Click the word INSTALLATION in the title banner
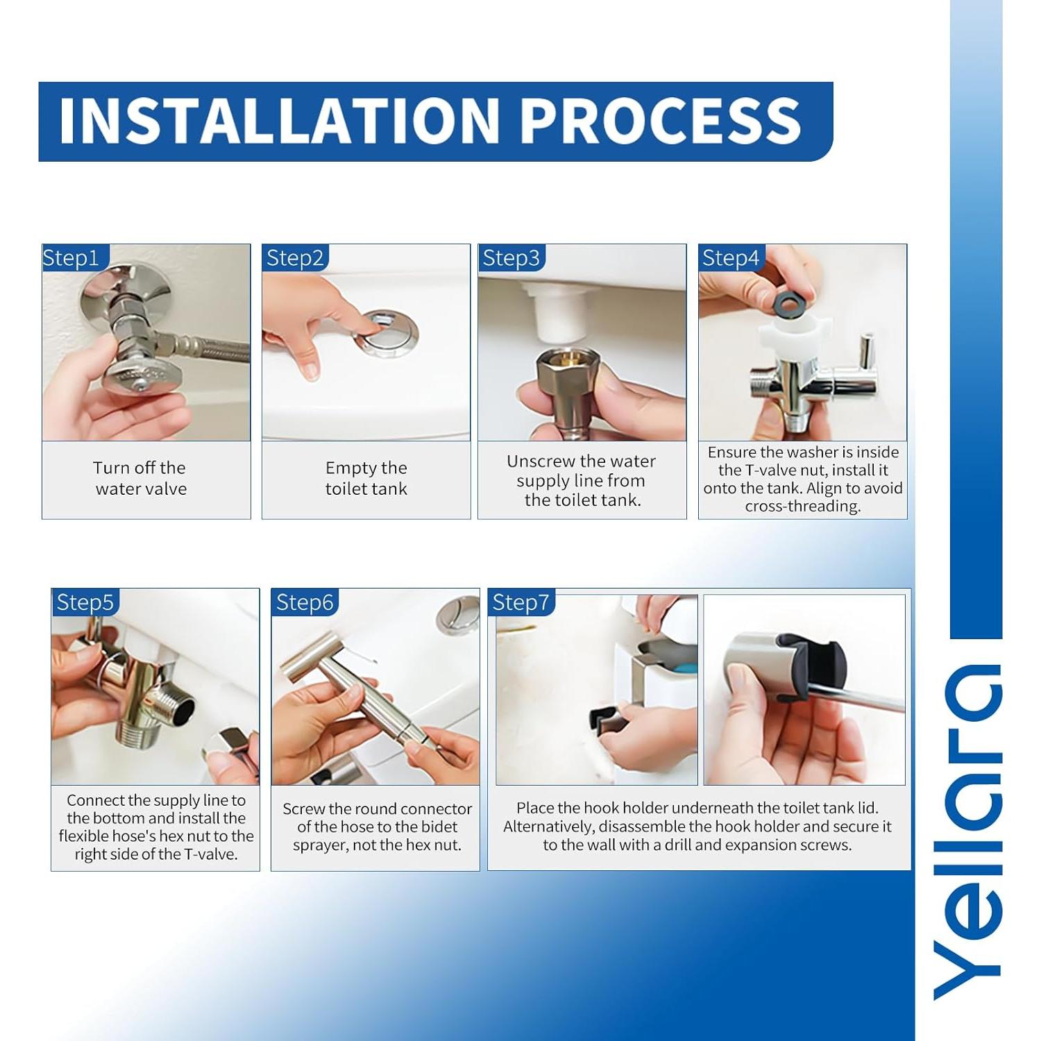pyautogui.click(x=278, y=121)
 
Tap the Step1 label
pyautogui.click(x=71, y=258)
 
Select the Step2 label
pyautogui.click(x=295, y=258)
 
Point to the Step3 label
pyautogui.click(x=511, y=258)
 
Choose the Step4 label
pyautogui.click(x=731, y=258)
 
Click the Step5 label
pyautogui.click(x=85, y=602)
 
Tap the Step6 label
pyautogui.click(x=305, y=602)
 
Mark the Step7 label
pyautogui.click(x=520, y=602)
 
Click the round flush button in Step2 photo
pyautogui.click(x=386, y=330)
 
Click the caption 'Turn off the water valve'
pyautogui.click(x=140, y=478)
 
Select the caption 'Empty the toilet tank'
pyautogui.click(x=366, y=478)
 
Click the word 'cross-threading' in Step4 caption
pyautogui.click(x=803, y=507)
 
